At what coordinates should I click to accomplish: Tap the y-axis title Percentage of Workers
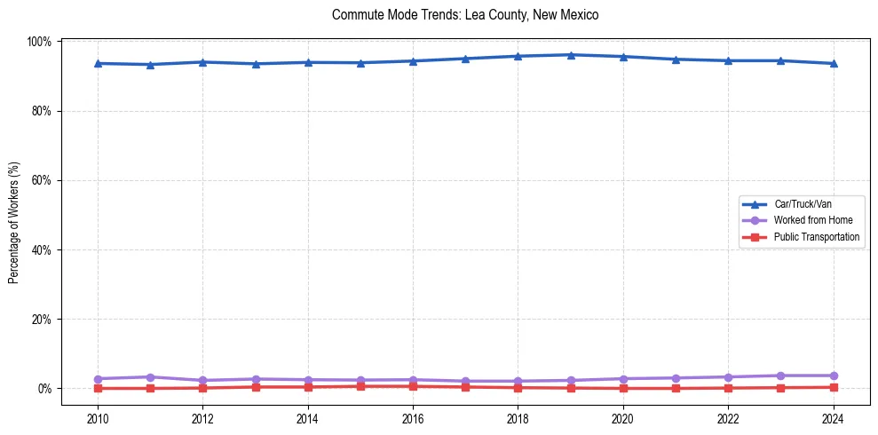point(13,222)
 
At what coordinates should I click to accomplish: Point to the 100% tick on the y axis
point(40,42)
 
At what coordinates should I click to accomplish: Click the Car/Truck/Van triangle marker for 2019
point(571,55)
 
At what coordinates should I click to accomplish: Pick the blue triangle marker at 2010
point(98,63)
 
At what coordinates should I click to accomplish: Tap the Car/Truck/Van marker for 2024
point(833,63)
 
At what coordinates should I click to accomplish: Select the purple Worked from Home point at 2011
point(150,377)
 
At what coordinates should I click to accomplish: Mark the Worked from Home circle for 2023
point(780,376)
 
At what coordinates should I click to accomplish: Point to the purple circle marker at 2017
point(465,381)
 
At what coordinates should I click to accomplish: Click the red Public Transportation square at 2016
point(413,386)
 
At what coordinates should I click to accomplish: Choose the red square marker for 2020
point(623,388)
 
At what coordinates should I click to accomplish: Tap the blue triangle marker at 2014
point(308,62)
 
